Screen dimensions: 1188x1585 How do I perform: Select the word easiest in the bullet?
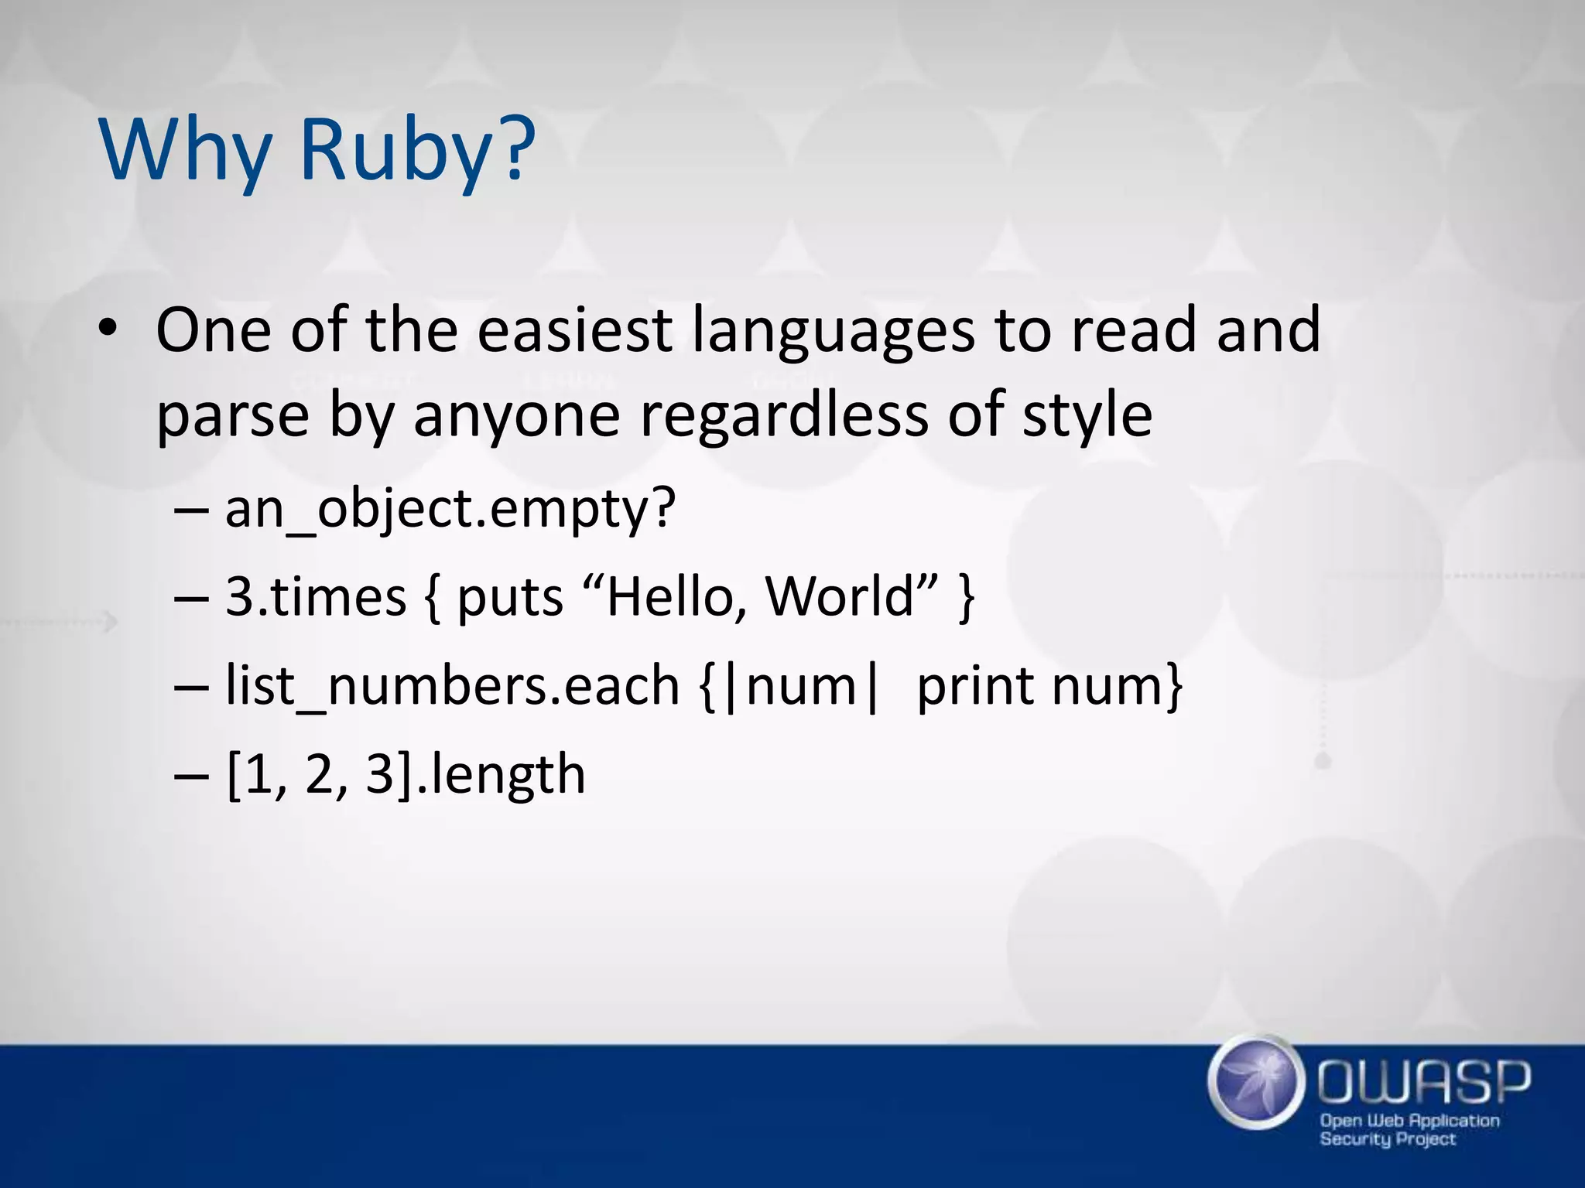573,330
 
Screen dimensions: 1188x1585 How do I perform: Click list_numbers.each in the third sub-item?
452,686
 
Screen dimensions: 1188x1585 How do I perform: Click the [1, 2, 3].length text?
406,775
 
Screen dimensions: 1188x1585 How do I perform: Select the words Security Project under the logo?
1387,1139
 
